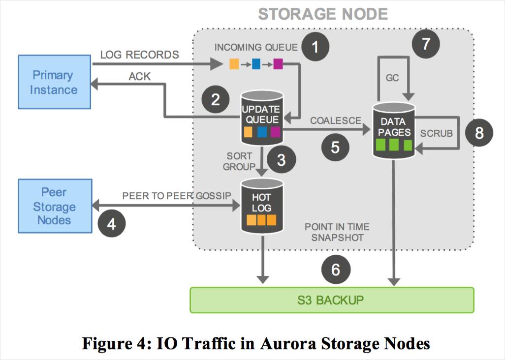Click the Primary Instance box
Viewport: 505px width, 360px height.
pyautogui.click(x=55, y=82)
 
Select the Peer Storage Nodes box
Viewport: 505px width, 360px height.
pyautogui.click(x=55, y=206)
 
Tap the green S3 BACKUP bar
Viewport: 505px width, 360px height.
pyautogui.click(x=332, y=300)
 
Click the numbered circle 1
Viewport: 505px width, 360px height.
pyautogui.click(x=316, y=47)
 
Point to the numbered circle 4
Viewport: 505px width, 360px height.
pyautogui.click(x=111, y=224)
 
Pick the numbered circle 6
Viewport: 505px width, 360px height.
pyautogui.click(x=336, y=270)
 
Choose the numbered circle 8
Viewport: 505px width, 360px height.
pyautogui.click(x=479, y=133)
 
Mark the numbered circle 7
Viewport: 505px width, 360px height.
pyautogui.click(x=426, y=44)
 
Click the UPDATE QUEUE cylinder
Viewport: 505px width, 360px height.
pyautogui.click(x=262, y=118)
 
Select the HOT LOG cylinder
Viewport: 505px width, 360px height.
pyautogui.click(x=262, y=206)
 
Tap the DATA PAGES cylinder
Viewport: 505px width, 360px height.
pyautogui.click(x=394, y=131)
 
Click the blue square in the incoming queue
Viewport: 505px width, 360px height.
pyautogui.click(x=256, y=64)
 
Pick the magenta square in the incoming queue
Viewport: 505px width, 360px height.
pyautogui.click(x=278, y=64)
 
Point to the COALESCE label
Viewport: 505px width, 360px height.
pyautogui.click(x=336, y=120)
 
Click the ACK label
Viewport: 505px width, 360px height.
pyautogui.click(x=140, y=77)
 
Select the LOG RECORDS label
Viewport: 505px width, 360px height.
pyautogui.click(x=139, y=55)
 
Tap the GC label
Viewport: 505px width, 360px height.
pyautogui.click(x=392, y=78)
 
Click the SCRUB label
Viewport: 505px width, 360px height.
pyautogui.click(x=437, y=133)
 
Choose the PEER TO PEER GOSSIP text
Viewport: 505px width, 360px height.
pyautogui.click(x=177, y=196)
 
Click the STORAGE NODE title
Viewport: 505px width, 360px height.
pyautogui.click(x=323, y=14)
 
